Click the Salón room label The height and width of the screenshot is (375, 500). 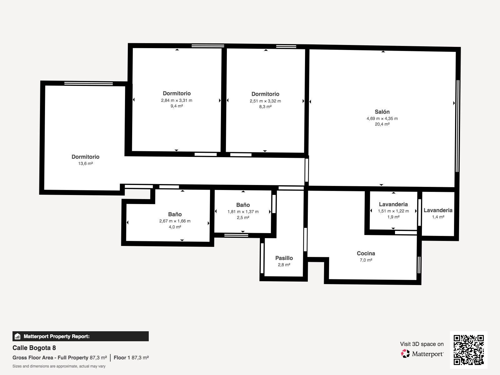point(382,112)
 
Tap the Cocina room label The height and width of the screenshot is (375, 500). point(366,253)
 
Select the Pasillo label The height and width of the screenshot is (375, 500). point(284,258)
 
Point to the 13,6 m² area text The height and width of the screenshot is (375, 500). point(85,163)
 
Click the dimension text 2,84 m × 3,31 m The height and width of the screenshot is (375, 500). point(177,100)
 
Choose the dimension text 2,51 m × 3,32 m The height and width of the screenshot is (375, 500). point(265,101)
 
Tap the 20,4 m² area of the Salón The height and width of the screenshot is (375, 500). point(382,124)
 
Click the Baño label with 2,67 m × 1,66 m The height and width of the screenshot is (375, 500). point(175,214)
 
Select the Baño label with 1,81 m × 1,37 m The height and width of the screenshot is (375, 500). point(243,205)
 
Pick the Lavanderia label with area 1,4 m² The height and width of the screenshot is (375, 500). point(438,210)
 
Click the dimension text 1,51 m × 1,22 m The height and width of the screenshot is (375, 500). point(393,211)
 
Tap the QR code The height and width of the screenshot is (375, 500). point(468,350)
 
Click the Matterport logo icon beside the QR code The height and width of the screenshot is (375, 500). point(405,354)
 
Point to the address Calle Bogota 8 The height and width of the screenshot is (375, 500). point(34,348)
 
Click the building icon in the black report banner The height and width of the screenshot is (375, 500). point(17,336)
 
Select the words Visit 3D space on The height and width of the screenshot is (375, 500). point(422,344)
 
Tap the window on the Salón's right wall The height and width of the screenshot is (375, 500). point(457,126)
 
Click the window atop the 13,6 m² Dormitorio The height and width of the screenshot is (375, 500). point(89,83)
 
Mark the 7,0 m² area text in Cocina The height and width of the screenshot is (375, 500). point(366,260)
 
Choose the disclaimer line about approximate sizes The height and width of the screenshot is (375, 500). point(59,366)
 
